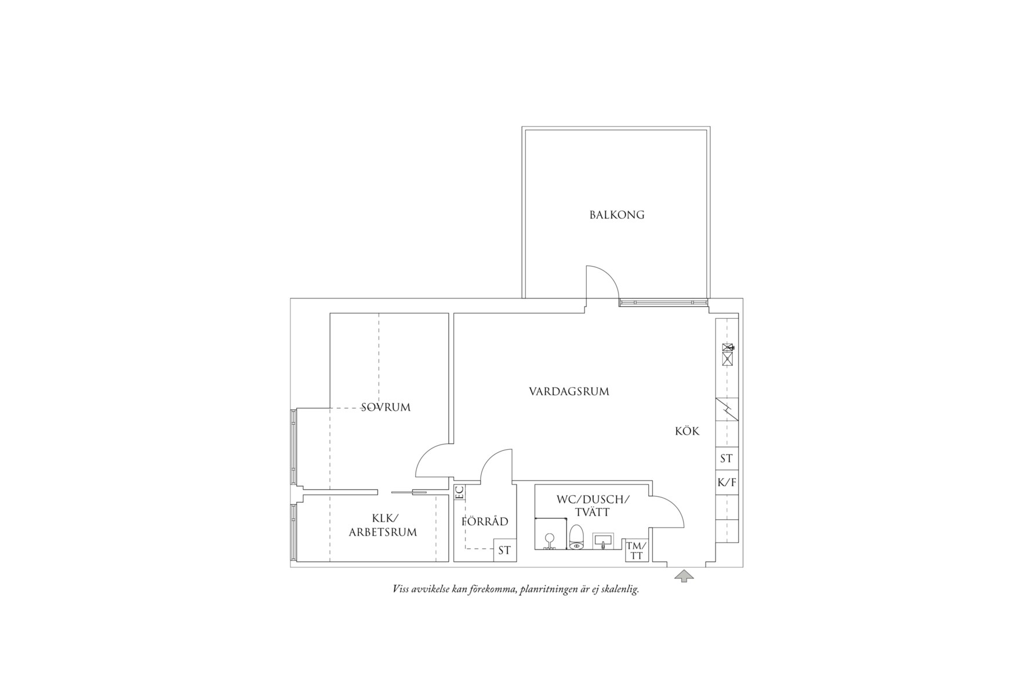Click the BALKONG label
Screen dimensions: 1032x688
[617, 215]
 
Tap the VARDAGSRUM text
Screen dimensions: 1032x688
[569, 392]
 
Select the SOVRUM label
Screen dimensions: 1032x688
[386, 407]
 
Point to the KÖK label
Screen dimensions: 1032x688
[687, 431]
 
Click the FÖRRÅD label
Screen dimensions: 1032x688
[485, 521]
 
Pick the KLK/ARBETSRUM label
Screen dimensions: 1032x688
[383, 525]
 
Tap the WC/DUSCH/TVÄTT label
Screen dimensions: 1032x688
[593, 505]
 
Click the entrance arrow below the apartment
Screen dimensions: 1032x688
[684, 576]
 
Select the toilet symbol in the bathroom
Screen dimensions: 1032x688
[576, 537]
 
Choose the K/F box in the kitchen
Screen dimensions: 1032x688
[727, 482]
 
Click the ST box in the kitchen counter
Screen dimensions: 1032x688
[727, 458]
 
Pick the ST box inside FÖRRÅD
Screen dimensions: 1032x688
[504, 550]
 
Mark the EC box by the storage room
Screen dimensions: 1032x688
[459, 493]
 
